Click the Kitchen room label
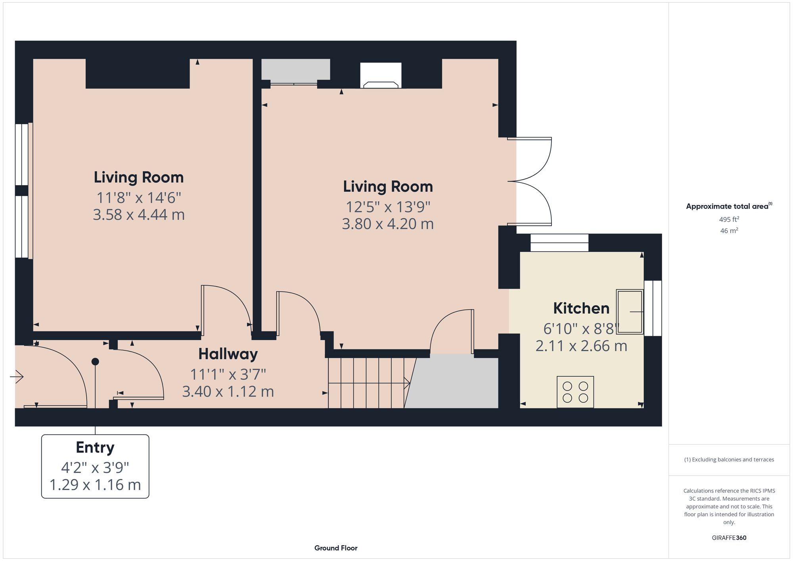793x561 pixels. click(581, 308)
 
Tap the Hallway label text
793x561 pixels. click(228, 354)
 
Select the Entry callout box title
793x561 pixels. click(95, 447)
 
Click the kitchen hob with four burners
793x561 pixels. click(575, 392)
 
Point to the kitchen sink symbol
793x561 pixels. click(630, 312)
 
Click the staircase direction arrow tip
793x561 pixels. click(409, 383)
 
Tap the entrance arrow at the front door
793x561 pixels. click(17, 376)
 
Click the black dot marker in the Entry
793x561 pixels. click(95, 362)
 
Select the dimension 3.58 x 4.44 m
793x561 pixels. click(139, 214)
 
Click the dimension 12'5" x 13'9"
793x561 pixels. click(388, 207)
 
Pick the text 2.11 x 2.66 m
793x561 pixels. click(581, 346)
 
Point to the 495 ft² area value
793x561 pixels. click(729, 219)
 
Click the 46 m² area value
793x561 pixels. click(729, 230)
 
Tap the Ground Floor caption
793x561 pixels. click(336, 548)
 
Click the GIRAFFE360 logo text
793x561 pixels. click(729, 538)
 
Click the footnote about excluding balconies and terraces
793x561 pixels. click(729, 460)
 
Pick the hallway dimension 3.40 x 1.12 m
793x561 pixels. click(228, 391)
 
